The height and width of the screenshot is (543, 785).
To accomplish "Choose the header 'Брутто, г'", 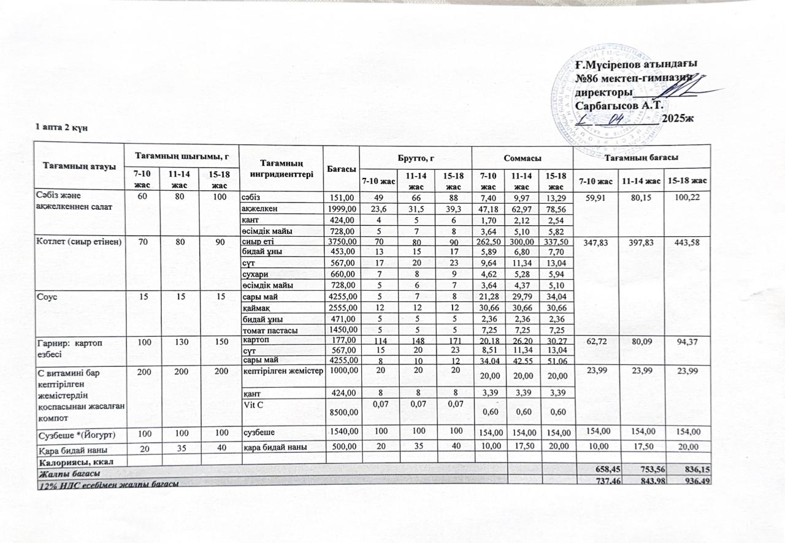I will (416, 159).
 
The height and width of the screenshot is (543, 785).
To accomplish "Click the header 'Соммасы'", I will (521, 158).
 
